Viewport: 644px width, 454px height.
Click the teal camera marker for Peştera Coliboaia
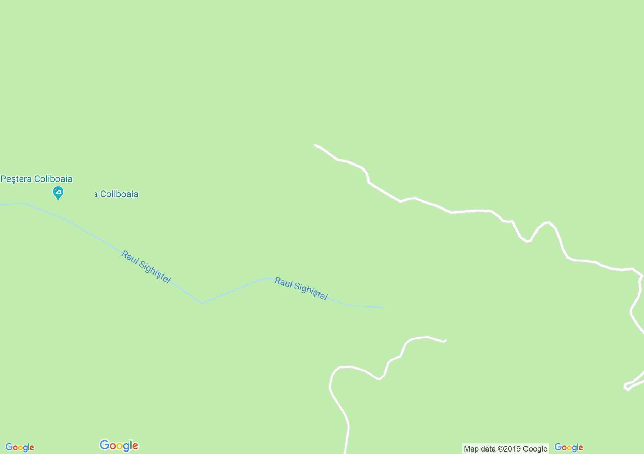point(58,193)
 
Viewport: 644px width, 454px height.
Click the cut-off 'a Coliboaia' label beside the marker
point(116,194)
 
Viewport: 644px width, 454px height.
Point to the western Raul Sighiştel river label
point(146,267)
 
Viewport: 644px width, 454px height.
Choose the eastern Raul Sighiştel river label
point(301,289)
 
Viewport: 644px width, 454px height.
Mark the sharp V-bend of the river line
point(202,303)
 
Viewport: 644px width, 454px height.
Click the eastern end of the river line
point(384,308)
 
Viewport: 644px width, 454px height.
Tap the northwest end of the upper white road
point(315,145)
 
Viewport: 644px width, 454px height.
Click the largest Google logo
point(119,445)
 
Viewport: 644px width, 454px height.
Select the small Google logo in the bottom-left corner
point(20,448)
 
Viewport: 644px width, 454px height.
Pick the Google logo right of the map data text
point(568,448)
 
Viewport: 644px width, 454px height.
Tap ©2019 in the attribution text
point(509,449)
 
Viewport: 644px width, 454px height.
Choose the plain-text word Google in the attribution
point(535,449)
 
